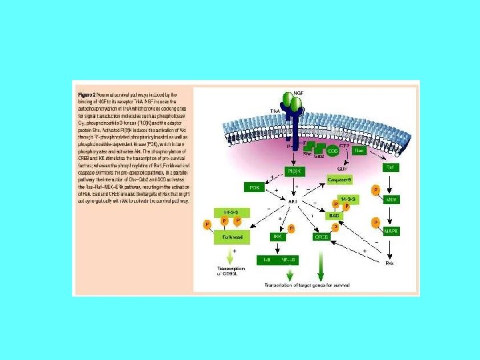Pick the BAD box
point(335,215)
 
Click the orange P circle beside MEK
point(376,191)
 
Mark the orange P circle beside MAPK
point(376,221)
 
